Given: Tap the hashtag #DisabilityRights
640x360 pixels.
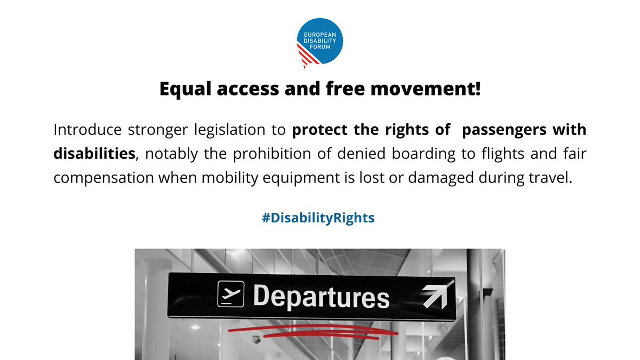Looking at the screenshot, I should pyautogui.click(x=318, y=219).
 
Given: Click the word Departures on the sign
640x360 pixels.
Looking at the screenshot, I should pyautogui.click(x=321, y=297).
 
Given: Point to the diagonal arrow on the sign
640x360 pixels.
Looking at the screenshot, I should pyautogui.click(x=435, y=297).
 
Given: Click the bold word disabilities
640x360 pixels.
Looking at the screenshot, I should pyautogui.click(x=93, y=154).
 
